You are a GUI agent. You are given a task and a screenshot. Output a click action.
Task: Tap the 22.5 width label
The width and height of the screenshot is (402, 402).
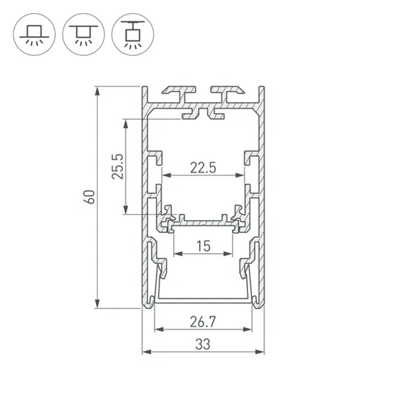203,168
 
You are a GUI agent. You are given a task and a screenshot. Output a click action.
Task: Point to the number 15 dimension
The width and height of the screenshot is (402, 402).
203,246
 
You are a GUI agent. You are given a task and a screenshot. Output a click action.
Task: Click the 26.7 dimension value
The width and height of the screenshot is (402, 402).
203,322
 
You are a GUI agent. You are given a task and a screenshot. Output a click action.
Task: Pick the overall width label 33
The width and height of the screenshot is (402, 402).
203,344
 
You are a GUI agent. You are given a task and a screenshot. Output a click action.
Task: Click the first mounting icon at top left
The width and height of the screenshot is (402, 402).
35,34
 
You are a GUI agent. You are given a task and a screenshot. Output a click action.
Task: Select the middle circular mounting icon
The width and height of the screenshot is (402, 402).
84,34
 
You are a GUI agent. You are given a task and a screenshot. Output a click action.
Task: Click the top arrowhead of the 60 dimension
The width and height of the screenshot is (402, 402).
97,91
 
